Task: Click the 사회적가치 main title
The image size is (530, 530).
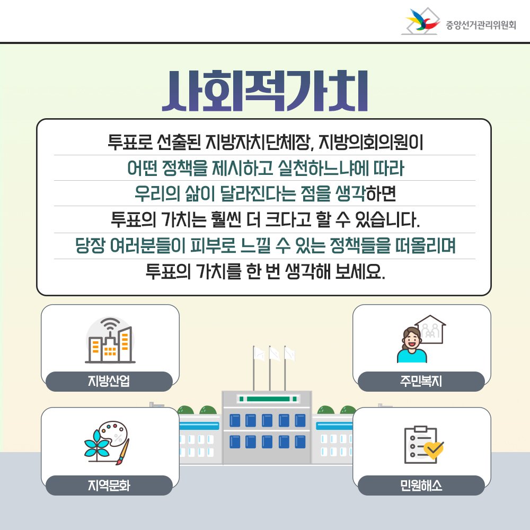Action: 264,91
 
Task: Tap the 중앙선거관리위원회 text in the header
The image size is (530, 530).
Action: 481,25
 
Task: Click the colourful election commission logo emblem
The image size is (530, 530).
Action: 421,21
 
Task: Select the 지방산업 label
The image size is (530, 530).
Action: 109,381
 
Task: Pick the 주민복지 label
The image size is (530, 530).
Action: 421,381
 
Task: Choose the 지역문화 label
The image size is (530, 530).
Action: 109,485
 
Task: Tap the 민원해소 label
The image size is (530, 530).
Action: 421,485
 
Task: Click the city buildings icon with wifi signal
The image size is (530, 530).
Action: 110,340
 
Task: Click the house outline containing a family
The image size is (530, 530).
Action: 430,330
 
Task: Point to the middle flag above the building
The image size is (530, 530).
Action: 274,354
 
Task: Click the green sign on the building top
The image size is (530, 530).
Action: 268,399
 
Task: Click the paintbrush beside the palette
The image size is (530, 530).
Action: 122,452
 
